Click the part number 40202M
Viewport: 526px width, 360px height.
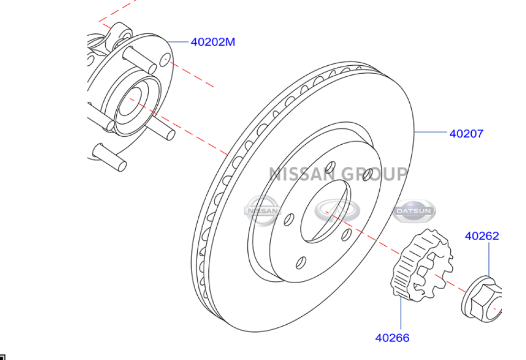point(213,42)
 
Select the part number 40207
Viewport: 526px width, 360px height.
point(466,134)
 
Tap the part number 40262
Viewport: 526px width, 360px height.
point(481,236)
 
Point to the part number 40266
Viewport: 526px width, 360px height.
point(392,338)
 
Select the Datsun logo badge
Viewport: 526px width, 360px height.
point(414,211)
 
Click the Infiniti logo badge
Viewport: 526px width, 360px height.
point(338,210)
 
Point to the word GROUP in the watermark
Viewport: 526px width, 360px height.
point(374,174)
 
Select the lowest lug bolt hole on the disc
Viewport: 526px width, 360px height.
point(300,262)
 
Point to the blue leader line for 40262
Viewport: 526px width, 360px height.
point(488,261)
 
